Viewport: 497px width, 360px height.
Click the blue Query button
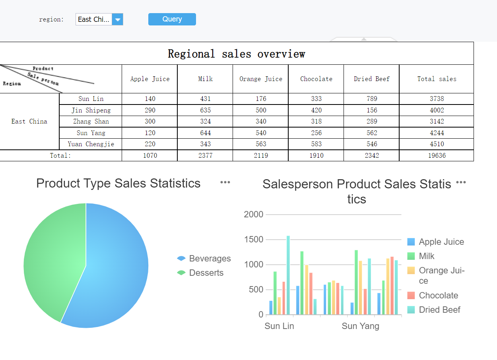(172, 19)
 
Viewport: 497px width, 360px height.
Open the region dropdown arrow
(118, 19)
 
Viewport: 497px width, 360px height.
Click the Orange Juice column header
(260, 79)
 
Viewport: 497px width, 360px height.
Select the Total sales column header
(436, 79)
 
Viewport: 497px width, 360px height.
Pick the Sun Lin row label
(91, 99)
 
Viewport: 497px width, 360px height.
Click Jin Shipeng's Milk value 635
(205, 110)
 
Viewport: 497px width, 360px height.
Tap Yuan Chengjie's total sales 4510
(437, 144)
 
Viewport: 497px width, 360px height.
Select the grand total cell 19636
(437, 155)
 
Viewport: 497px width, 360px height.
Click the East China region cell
(29, 122)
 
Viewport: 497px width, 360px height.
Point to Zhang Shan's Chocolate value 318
(316, 122)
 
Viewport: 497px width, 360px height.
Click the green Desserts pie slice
(52, 262)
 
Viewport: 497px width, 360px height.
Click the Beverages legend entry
(204, 259)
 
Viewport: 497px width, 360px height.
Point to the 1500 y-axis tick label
(254, 240)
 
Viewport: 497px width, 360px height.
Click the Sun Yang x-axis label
(360, 326)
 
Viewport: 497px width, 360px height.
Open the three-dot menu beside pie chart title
(225, 182)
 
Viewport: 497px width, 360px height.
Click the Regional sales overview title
(237, 54)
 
